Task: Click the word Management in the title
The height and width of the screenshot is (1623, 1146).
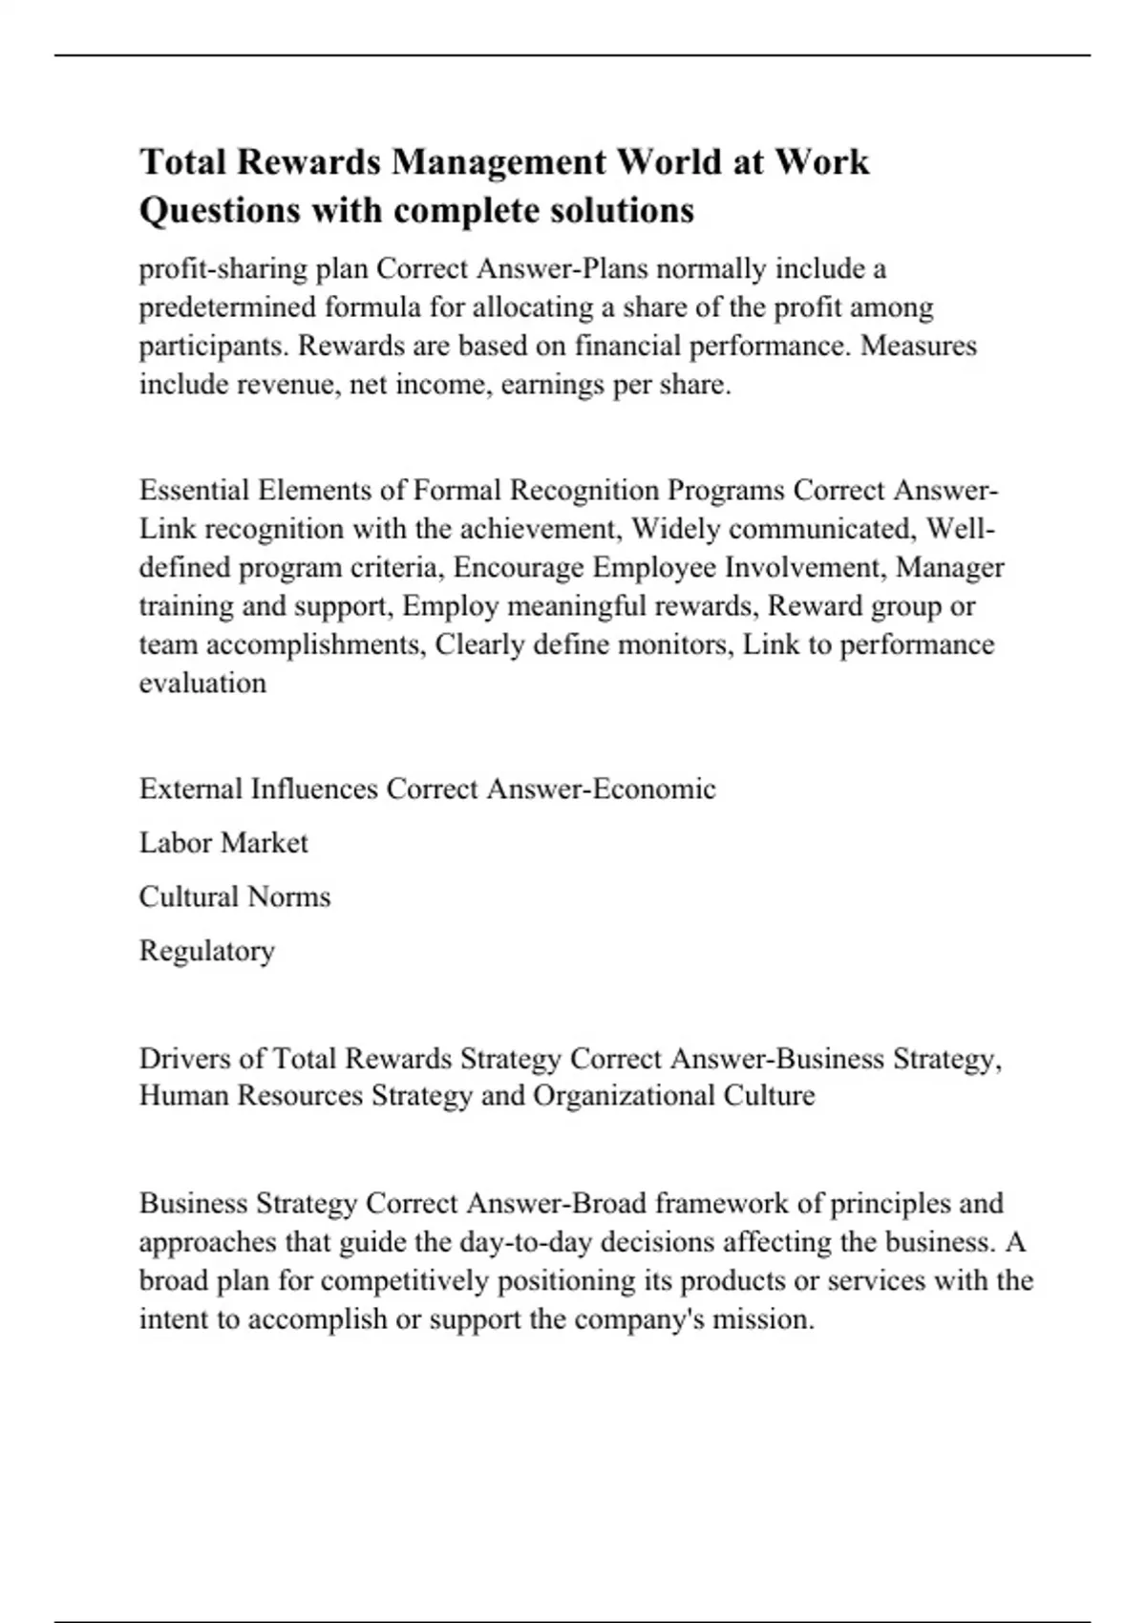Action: [x=498, y=162]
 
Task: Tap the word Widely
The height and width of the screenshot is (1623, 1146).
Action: [x=677, y=529]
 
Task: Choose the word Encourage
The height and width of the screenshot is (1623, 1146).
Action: [x=519, y=567]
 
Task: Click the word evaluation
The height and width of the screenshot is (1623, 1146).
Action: [x=202, y=683]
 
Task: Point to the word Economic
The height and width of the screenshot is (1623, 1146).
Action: [x=654, y=789]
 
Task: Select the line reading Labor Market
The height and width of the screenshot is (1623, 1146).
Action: [x=223, y=843]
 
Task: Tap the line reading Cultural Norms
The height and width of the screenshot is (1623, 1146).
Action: [x=235, y=896]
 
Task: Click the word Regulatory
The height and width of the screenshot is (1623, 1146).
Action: [x=207, y=951]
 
